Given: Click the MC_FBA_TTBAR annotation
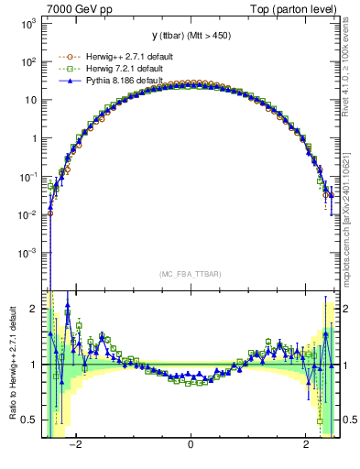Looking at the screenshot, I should point(190,274).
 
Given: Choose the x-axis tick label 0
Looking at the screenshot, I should point(191,444).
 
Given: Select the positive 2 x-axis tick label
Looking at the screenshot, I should point(306,444).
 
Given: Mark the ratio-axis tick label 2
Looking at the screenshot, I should point(35,309).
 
